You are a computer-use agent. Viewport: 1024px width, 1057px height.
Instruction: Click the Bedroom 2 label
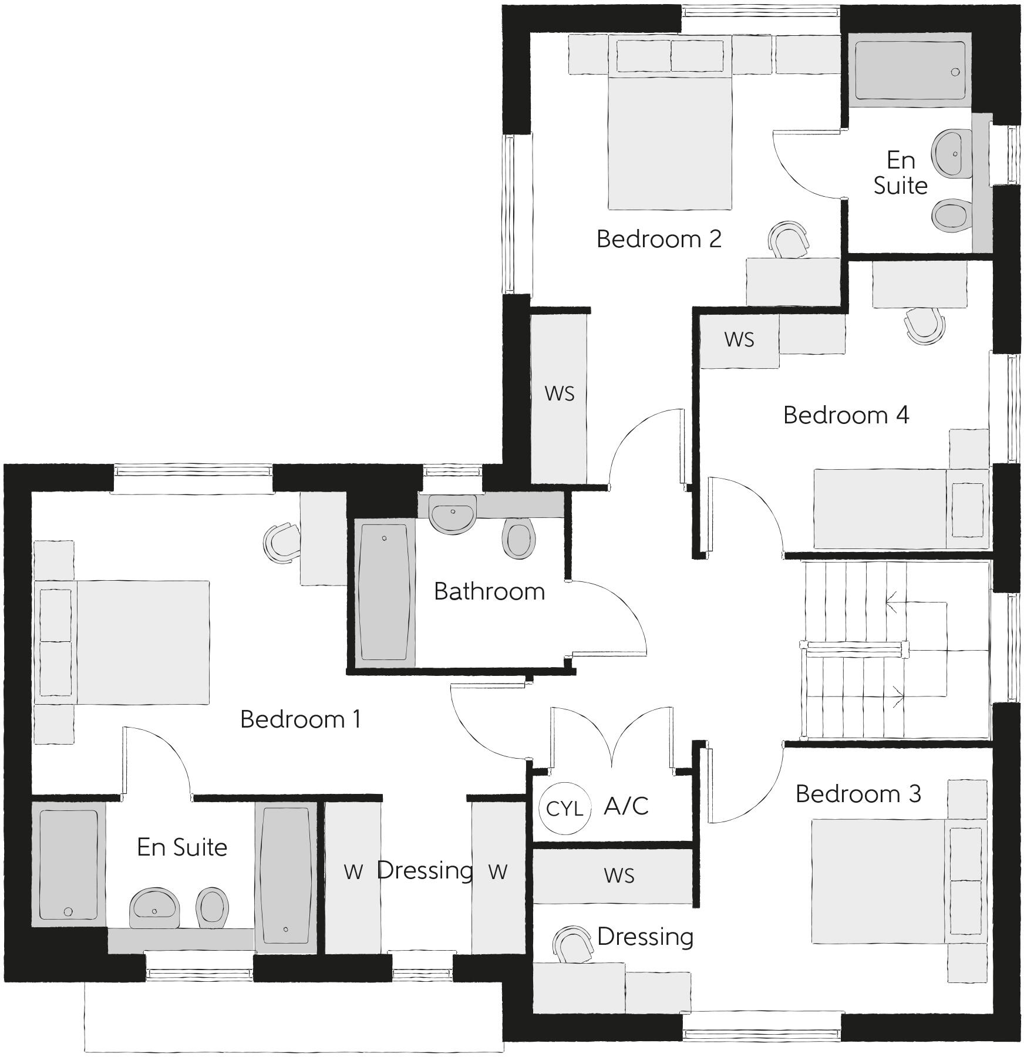point(659,239)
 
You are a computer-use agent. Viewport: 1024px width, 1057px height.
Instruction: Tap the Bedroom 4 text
point(846,415)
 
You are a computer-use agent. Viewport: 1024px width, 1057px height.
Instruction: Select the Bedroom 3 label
point(858,794)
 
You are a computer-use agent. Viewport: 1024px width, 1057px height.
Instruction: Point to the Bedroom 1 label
point(300,719)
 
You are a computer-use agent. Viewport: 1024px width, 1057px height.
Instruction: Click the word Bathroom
point(489,591)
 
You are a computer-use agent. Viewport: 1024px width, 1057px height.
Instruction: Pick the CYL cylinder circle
point(564,808)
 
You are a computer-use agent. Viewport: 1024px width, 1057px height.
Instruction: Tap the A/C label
point(626,806)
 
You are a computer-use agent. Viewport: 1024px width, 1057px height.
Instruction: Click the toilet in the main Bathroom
point(519,537)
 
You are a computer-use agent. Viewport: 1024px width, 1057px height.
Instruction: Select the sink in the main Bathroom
point(452,513)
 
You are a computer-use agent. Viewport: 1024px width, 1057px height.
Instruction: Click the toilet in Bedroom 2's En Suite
point(950,215)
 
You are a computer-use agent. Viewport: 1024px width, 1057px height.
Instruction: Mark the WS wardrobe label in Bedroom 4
point(739,339)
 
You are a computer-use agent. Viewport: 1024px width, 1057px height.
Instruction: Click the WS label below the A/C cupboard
point(619,876)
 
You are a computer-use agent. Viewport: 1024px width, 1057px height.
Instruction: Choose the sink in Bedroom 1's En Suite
point(154,907)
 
